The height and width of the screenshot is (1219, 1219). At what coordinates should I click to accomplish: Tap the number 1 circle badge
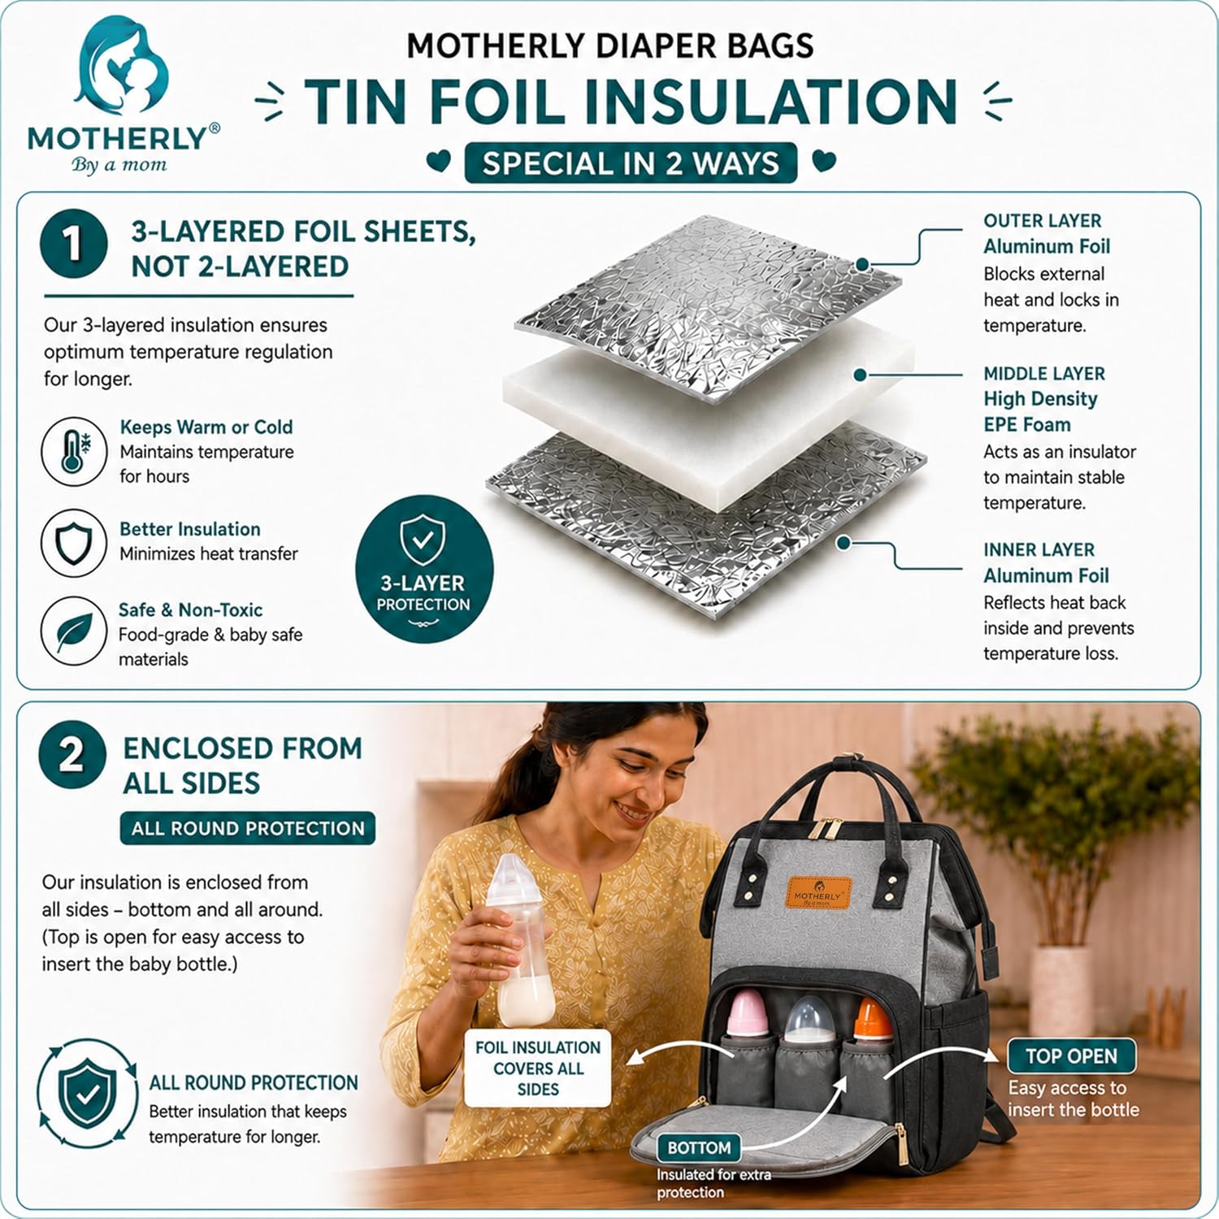coord(73,244)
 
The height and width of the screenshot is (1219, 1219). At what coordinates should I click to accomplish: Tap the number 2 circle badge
coord(72,755)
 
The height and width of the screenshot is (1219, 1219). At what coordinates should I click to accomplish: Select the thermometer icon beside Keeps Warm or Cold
coord(74,452)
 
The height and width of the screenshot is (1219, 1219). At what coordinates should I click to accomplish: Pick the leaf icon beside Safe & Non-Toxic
coord(74,631)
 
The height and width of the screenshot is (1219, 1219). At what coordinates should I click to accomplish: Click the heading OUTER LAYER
coord(1042,221)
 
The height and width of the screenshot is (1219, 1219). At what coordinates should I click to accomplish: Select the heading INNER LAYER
coord(1039,550)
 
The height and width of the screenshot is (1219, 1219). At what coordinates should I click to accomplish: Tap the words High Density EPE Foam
coord(1040,412)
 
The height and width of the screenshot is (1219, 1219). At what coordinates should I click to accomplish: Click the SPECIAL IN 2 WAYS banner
coord(631,163)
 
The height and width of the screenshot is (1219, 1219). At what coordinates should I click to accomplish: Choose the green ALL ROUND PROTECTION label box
coord(248,828)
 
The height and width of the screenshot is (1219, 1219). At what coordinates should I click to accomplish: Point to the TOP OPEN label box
coord(1071,1056)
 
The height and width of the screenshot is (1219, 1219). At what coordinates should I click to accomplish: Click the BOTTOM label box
coord(699,1148)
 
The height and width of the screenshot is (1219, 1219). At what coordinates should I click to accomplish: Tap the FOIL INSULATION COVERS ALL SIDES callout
coord(538,1068)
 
